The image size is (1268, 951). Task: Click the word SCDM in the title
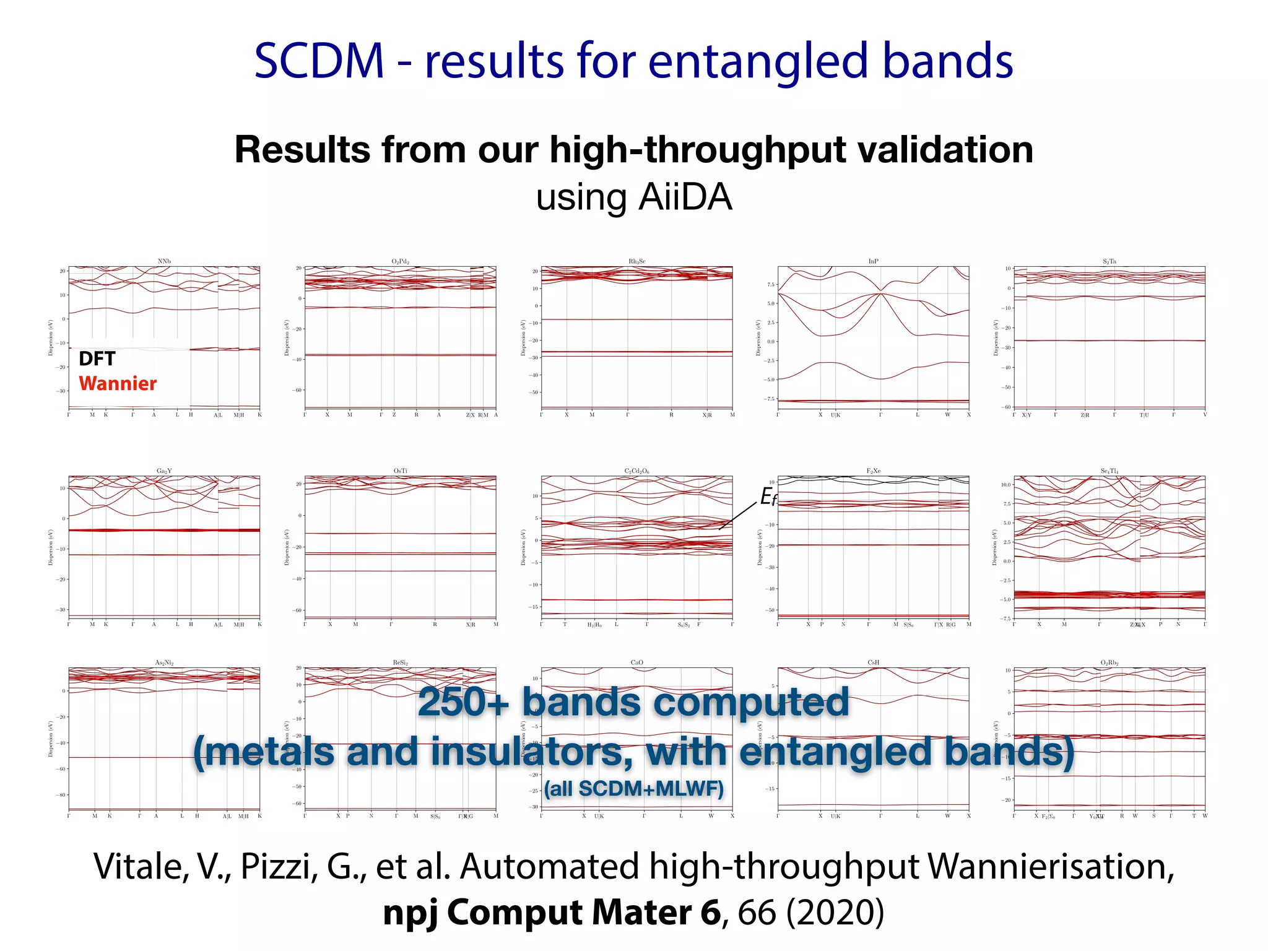pyautogui.click(x=319, y=61)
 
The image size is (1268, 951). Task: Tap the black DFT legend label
pyautogui.click(x=97, y=358)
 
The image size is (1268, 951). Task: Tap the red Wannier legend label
pyautogui.click(x=118, y=383)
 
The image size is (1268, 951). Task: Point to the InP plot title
pyautogui.click(x=873, y=261)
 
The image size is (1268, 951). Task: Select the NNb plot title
pyautogui.click(x=164, y=261)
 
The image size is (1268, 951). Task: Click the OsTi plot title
pyautogui.click(x=401, y=471)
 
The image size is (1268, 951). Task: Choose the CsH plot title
pyautogui.click(x=873, y=662)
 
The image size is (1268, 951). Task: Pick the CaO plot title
pyautogui.click(x=636, y=662)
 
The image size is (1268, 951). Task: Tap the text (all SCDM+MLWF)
pyautogui.click(x=633, y=789)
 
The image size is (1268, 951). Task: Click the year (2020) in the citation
pyautogui.click(x=835, y=913)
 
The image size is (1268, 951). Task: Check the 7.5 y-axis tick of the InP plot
pyautogui.click(x=770, y=284)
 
